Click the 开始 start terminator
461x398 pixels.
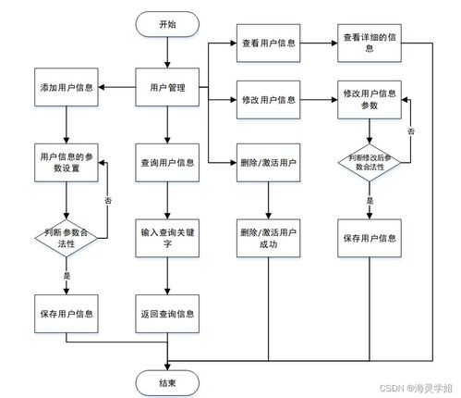pyautogui.click(x=167, y=24)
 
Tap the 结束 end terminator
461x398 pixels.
pyautogui.click(x=167, y=383)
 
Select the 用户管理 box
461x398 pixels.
pyautogui.click(x=167, y=87)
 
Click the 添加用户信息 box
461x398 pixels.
pyautogui.click(x=67, y=87)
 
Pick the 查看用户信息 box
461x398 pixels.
pyautogui.click(x=268, y=44)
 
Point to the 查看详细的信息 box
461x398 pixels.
pyautogui.click(x=370, y=44)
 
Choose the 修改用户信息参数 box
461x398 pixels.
pyautogui.click(x=370, y=100)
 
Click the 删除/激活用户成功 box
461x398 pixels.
pyautogui.click(x=268, y=238)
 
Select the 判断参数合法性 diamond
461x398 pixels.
pyautogui.click(x=67, y=238)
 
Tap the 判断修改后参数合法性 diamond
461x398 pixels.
pyautogui.click(x=370, y=162)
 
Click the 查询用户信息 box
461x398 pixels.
pyautogui.click(x=167, y=163)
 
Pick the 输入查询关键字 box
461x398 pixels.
pyautogui.click(x=167, y=238)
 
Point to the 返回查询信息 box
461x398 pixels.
pyautogui.click(x=167, y=314)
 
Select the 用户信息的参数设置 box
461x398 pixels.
pyautogui.click(x=67, y=163)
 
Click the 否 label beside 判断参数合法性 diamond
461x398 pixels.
pyautogui.click(x=108, y=201)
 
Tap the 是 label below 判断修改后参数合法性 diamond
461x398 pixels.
pyautogui.click(x=370, y=201)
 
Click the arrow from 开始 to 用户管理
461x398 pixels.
pyautogui.click(x=167, y=53)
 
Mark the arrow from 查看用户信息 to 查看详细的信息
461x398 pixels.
pyautogui.click(x=319, y=44)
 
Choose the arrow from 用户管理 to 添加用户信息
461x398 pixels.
pyautogui.click(x=117, y=87)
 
